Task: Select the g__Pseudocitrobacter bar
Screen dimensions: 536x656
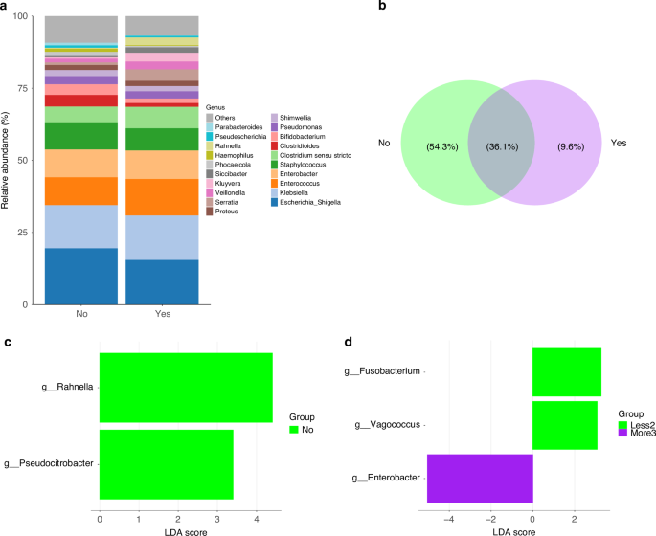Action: click(x=166, y=464)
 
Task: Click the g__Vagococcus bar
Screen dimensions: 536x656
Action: click(x=564, y=425)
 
